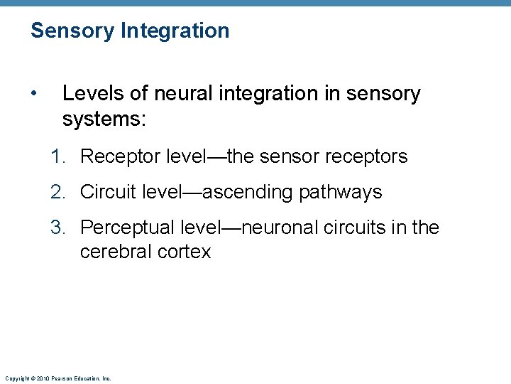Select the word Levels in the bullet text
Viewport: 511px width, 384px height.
tap(88, 94)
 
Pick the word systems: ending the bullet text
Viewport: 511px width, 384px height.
tap(104, 119)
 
